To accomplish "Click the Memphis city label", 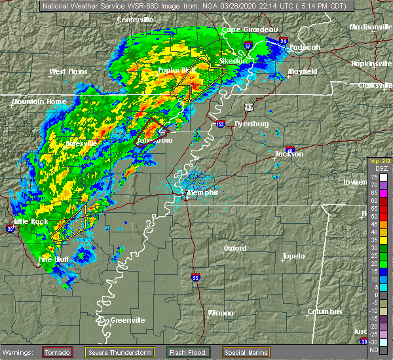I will pyautogui.click(x=202, y=194).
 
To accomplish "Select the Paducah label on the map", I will pyautogui.click(x=303, y=47).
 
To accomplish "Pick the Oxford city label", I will pyautogui.click(x=234, y=248).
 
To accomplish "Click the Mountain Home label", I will pyautogui.click(x=38, y=102).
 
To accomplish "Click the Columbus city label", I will pyautogui.click(x=326, y=312).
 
